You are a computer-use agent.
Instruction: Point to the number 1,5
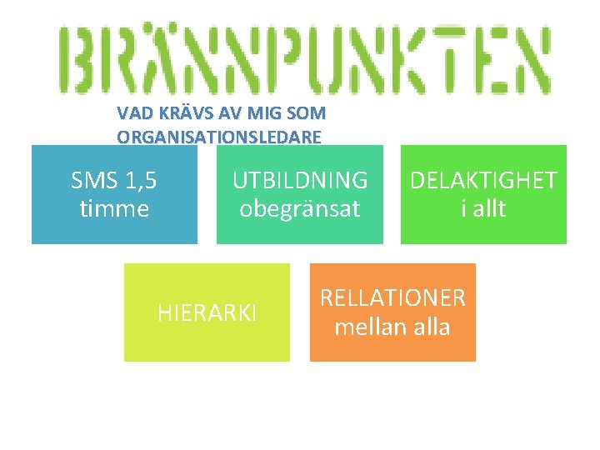coord(141,180)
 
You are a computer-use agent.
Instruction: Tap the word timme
coord(114,208)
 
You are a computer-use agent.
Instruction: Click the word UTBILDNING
coord(300,180)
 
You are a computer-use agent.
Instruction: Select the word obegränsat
coord(300,208)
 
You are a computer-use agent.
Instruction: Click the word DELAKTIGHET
coord(483,180)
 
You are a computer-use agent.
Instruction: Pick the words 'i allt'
coord(483,208)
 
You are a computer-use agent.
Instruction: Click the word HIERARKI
coord(207,313)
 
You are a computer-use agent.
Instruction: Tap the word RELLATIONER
coord(392,297)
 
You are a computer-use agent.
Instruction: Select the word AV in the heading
coord(219,112)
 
